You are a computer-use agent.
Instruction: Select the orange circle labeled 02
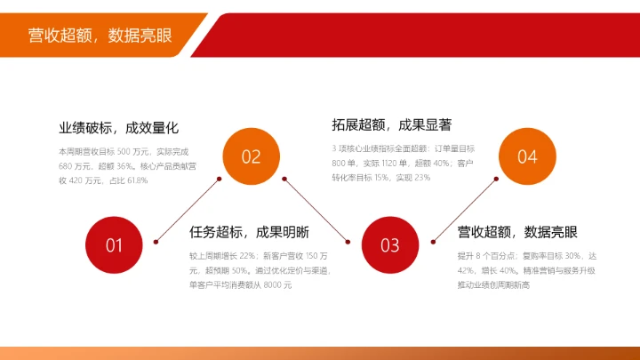point(251,156)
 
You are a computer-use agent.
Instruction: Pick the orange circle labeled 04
point(527,156)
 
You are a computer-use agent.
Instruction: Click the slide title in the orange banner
point(100,35)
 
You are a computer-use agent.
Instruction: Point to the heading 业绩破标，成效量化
point(118,128)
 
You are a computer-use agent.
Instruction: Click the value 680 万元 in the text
point(76,166)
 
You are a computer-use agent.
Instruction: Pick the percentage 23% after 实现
point(421,178)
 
